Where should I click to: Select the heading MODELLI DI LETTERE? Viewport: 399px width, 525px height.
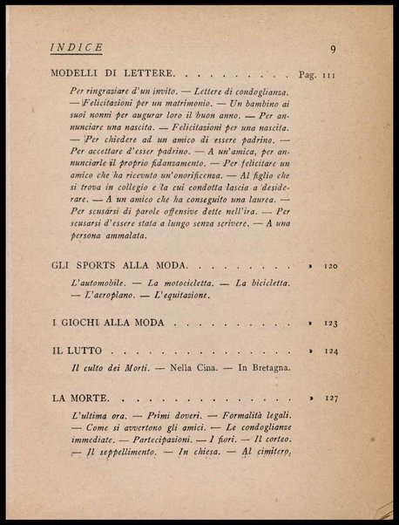[115, 75]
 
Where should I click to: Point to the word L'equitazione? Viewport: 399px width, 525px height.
[181, 297]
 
